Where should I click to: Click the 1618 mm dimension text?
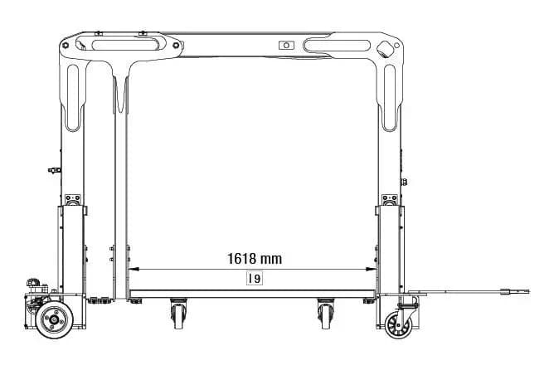(x=255, y=259)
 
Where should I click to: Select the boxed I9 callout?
(x=255, y=279)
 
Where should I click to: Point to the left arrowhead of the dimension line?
(x=134, y=270)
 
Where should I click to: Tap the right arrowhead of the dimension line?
(x=372, y=270)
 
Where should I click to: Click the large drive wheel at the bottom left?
(x=55, y=320)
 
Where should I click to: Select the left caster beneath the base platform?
(x=179, y=314)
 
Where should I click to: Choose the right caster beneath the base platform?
(x=326, y=314)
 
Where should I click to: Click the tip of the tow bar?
(x=529, y=291)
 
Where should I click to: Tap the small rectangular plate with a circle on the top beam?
(x=286, y=46)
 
